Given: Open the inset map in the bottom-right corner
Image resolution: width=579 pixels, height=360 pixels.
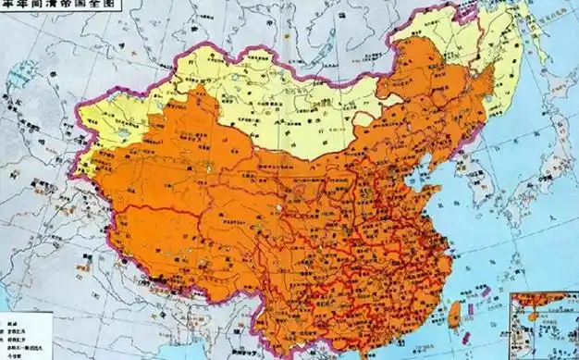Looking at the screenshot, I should [x=544, y=324].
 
